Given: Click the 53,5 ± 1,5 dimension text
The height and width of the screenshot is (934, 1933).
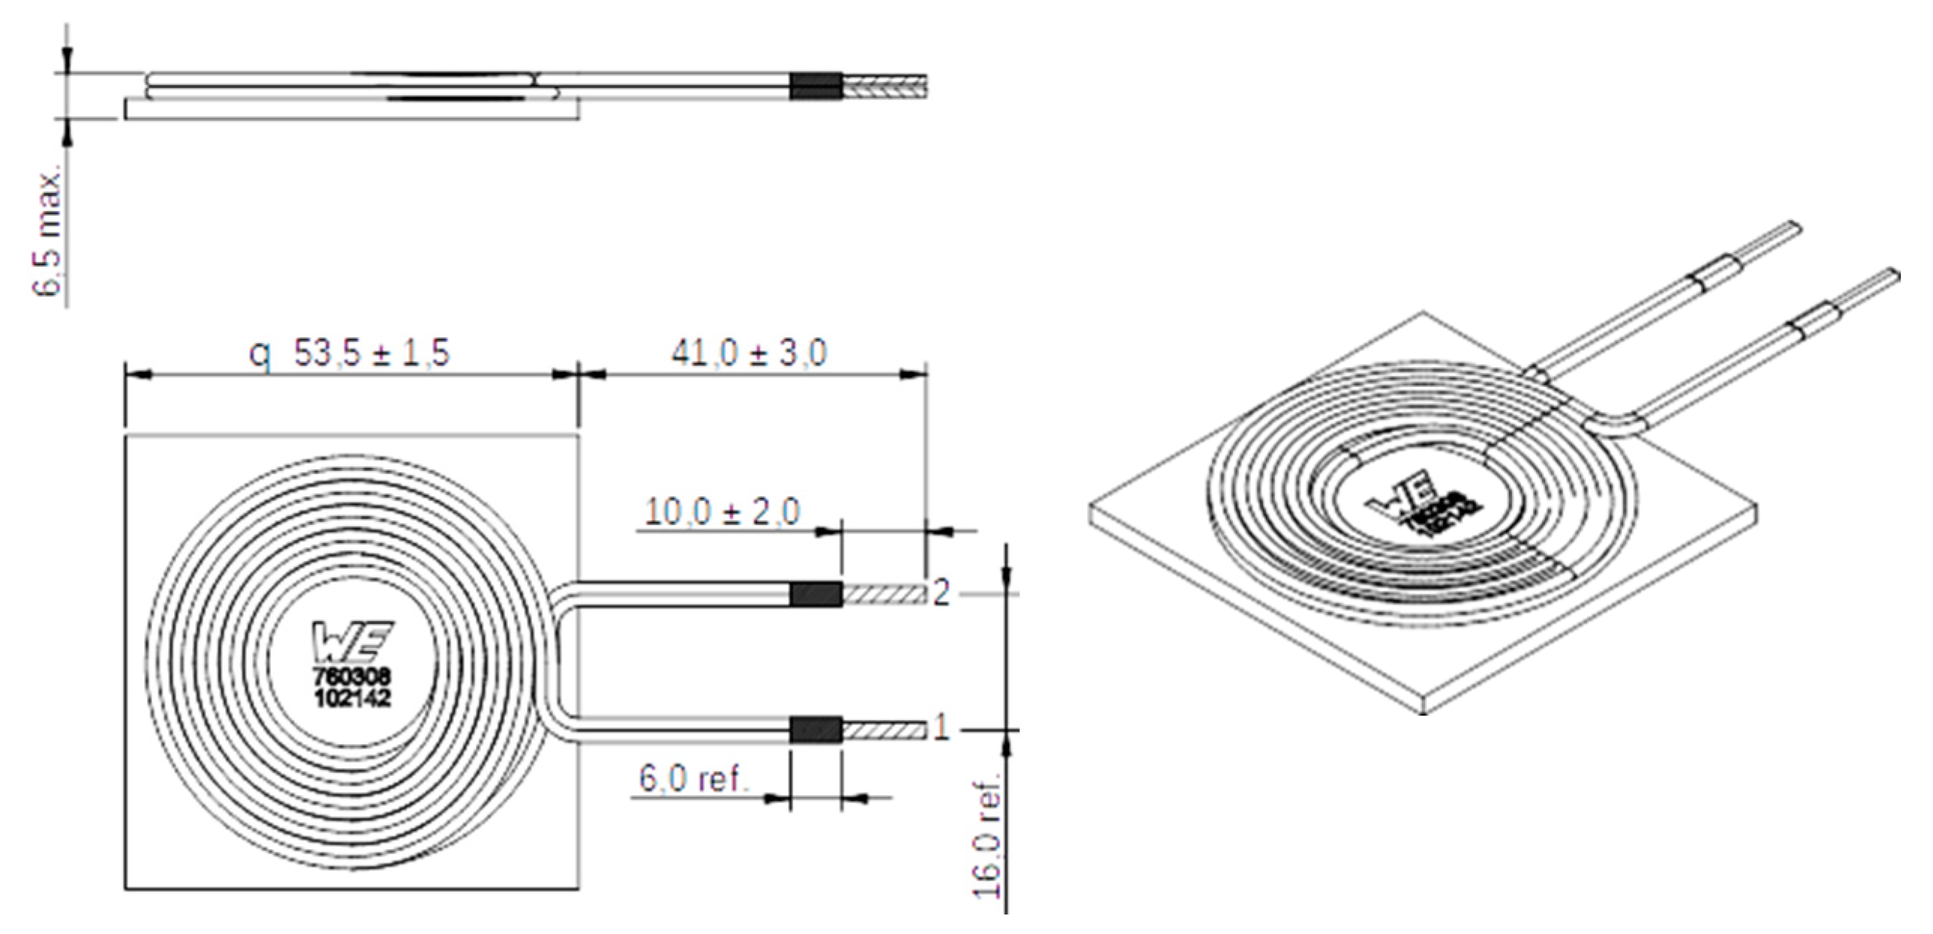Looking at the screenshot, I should tap(371, 353).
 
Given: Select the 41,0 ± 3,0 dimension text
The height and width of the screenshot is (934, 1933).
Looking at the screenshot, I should tap(749, 353).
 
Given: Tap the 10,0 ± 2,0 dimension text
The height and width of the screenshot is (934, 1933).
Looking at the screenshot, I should tap(723, 512).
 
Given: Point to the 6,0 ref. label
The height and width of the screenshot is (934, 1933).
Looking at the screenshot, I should tap(694, 779).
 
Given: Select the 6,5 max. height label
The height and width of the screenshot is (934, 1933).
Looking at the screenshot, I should tap(49, 234).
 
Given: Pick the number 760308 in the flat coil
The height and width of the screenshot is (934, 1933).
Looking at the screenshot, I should tap(352, 678).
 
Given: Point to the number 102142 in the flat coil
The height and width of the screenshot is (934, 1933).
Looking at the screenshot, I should tap(352, 698).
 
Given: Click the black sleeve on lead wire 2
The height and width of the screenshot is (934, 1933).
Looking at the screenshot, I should tap(816, 594).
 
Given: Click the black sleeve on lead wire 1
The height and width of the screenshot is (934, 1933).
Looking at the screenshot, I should tap(816, 729).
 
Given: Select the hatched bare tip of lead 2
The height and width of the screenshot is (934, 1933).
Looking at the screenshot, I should tap(885, 594).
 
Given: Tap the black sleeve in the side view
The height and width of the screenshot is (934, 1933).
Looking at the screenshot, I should tap(816, 86).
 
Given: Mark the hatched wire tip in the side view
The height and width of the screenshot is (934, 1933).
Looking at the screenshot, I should tap(885, 86).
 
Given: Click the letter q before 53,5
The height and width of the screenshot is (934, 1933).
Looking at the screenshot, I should tap(260, 354).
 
